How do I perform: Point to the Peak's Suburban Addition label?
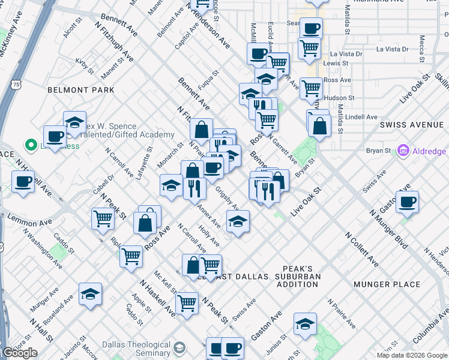(x=303, y=272)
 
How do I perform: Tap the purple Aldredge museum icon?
(x=403, y=151)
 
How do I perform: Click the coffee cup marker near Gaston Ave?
(x=407, y=202)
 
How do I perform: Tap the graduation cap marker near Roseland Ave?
(x=90, y=294)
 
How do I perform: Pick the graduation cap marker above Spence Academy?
(x=74, y=122)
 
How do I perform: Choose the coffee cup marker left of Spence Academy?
(x=55, y=136)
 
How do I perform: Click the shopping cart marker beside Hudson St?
(x=311, y=89)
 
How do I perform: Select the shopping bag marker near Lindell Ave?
(x=321, y=126)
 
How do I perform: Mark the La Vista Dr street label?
(x=392, y=49)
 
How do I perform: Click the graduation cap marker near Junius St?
(x=305, y=325)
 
